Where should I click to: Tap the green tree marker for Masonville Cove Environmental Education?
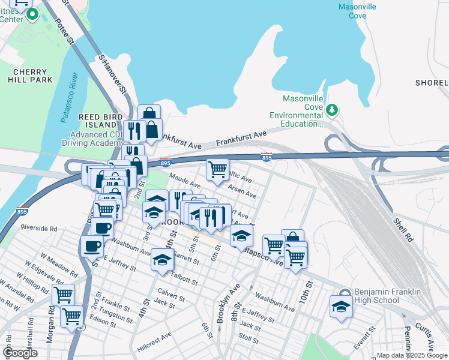[331, 110]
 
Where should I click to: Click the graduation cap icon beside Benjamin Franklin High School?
[340, 307]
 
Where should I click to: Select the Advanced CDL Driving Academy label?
[92, 139]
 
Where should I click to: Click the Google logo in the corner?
[20, 353]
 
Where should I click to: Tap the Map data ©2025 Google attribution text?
[412, 355]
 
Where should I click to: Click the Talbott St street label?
[184, 280]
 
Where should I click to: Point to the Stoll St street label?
[248, 338]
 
